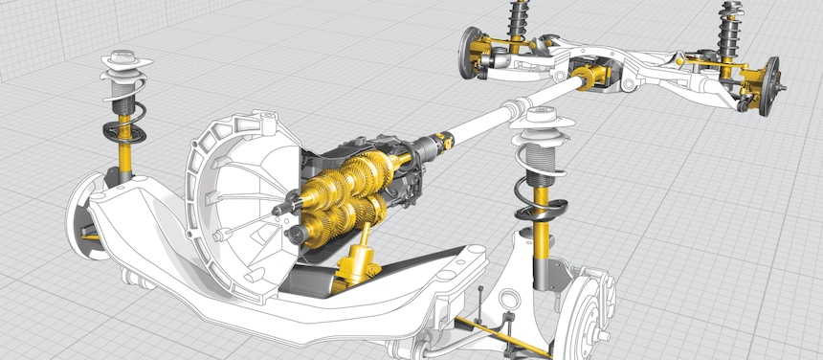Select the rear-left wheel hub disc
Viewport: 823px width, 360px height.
[x=470, y=53]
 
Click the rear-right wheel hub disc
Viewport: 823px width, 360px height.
[x=768, y=84]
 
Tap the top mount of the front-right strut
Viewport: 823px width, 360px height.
[x=544, y=121]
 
